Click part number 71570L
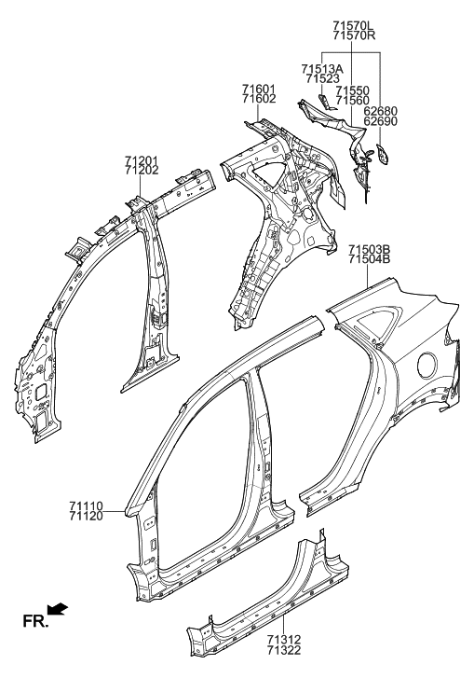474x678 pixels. pos(354,25)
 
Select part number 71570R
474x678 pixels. pos(354,35)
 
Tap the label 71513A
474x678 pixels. pos(322,69)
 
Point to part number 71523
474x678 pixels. pos(322,78)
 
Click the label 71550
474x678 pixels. pos(353,90)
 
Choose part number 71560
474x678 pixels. pos(353,101)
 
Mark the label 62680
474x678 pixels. pos(380,112)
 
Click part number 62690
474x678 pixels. pos(380,121)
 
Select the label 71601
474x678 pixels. pos(259,90)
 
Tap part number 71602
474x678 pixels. pos(259,99)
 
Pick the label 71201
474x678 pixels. pos(142,160)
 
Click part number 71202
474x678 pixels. pos(142,171)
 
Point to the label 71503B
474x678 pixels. pos(370,250)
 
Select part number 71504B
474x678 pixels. pos(370,259)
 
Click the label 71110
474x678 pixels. pos(86,505)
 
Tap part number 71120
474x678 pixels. pos(86,516)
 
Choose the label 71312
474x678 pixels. pos(284,640)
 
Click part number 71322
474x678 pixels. pos(284,650)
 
